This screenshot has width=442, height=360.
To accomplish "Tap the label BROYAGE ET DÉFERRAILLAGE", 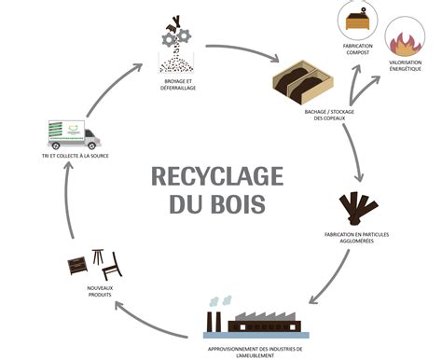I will (179, 85).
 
